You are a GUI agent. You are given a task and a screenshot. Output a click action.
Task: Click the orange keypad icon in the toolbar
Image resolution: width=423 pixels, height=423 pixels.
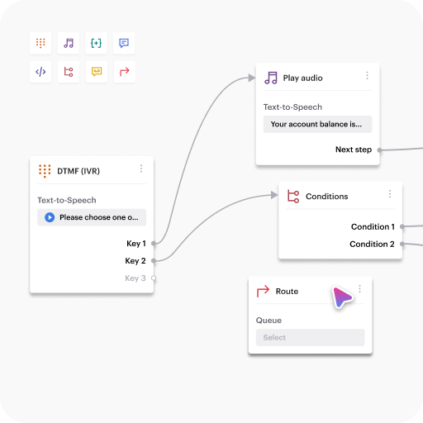(40, 43)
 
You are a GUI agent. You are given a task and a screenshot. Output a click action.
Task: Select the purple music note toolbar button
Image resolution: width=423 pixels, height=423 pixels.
(69, 43)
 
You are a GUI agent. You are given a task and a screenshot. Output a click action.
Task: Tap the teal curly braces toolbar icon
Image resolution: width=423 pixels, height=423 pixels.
(96, 43)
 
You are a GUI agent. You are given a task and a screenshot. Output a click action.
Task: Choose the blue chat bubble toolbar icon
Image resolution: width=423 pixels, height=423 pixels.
(124, 43)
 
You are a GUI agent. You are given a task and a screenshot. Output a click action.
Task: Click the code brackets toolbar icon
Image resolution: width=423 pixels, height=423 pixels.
(40, 72)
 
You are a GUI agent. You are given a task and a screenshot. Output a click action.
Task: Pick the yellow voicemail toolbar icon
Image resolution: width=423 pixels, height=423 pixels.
(97, 72)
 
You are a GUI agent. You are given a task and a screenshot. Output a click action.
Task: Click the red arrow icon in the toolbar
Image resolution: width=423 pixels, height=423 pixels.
(125, 72)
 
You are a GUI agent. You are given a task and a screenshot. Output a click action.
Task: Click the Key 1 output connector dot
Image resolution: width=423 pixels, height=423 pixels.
(154, 244)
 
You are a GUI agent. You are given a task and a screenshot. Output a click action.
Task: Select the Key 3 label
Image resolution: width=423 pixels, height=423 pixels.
(135, 278)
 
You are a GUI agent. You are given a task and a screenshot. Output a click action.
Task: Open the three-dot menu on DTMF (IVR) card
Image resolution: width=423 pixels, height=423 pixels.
(141, 169)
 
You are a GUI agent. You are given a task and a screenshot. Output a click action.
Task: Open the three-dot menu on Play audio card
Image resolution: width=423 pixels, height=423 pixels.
(367, 75)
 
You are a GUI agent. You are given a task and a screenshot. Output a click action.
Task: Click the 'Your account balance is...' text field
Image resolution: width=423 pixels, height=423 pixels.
(317, 124)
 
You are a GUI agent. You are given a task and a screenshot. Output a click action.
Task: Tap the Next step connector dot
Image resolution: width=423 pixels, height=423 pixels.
(379, 150)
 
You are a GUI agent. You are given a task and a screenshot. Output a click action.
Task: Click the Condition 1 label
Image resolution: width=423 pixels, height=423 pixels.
(373, 226)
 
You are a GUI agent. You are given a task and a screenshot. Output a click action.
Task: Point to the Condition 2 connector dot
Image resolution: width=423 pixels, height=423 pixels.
(402, 244)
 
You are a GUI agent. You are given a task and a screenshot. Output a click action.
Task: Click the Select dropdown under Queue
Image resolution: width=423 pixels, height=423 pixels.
(310, 337)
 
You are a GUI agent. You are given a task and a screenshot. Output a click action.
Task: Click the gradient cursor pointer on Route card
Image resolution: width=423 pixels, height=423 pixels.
(341, 297)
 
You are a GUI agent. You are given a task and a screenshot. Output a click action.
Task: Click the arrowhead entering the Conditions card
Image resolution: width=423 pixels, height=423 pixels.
(274, 195)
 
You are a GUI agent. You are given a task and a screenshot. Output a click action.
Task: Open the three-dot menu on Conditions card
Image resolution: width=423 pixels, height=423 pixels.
(390, 194)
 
